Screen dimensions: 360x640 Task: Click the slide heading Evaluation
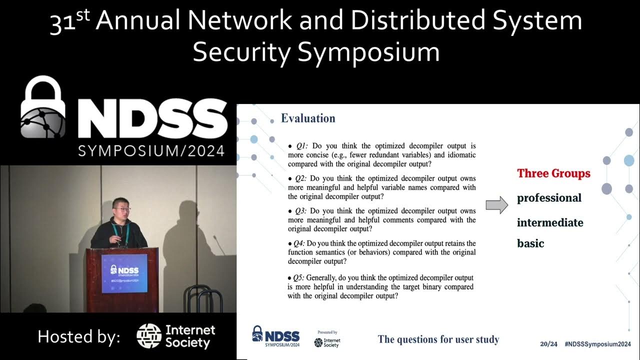308,118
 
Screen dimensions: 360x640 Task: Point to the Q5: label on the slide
299,277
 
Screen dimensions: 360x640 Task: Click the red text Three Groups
553,173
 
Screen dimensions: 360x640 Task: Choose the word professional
549,198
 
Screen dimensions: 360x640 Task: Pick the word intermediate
550,222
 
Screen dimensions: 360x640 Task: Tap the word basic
530,243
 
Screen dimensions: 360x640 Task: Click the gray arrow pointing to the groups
496,205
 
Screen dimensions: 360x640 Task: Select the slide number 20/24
548,344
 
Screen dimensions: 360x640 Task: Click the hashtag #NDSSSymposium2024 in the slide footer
597,344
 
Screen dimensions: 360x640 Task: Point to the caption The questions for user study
438,339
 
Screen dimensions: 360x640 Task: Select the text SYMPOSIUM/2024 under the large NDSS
151,150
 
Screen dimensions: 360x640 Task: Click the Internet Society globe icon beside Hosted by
149,336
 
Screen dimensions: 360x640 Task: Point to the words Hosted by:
79,336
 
